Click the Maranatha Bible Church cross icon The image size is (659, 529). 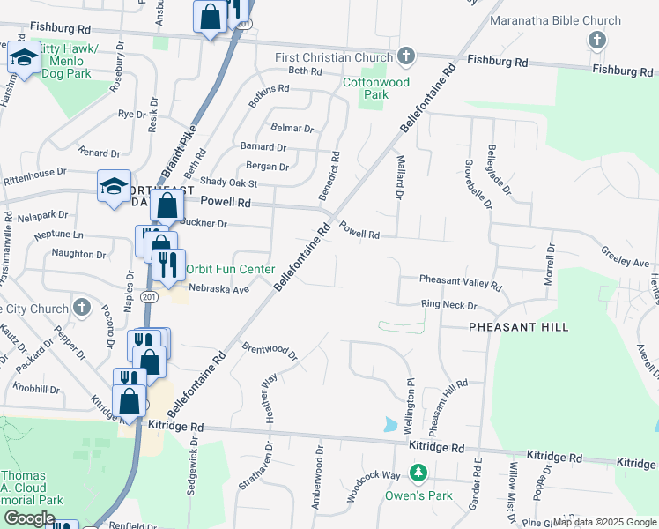597,40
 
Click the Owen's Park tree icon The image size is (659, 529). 418,473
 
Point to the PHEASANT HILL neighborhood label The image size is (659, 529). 518,327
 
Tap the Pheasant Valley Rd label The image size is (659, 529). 460,283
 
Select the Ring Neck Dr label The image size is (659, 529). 448,306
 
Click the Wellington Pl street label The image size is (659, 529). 410,406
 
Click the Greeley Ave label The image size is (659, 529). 626,262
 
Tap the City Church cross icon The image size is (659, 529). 81,308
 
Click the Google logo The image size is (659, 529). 29,518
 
